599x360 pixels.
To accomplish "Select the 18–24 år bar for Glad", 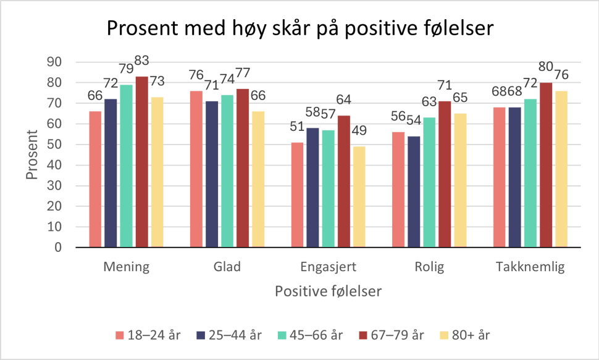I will tap(196, 169).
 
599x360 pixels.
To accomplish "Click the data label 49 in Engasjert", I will tap(359, 132).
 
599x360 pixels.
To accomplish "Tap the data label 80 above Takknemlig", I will tap(546, 68).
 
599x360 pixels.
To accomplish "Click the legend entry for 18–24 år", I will tap(148, 335).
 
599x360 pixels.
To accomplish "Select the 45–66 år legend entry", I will tap(309, 335).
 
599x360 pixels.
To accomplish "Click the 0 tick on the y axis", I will tap(59, 248).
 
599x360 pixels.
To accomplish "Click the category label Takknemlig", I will tap(530, 267).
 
